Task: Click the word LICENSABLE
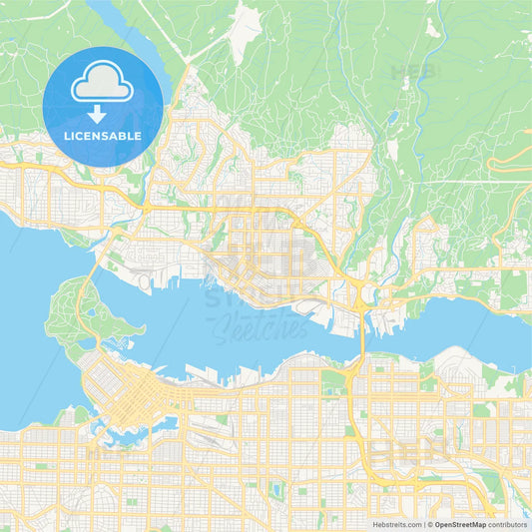pos(103,136)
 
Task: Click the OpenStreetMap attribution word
pos(460,524)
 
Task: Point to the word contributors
pos(508,524)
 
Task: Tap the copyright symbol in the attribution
pos(429,524)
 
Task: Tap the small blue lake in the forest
pos(392,118)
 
